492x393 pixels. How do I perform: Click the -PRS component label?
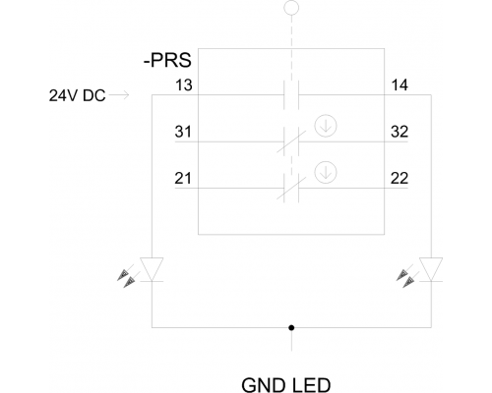coord(167,60)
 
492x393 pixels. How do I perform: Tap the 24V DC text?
coord(77,95)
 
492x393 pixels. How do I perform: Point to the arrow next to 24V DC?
coord(119,95)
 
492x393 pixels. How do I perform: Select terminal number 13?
coord(184,85)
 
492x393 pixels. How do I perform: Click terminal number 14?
coord(400,85)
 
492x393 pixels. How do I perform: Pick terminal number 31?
coord(183,132)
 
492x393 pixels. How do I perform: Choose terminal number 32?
coord(400,132)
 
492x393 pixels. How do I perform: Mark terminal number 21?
coord(183,179)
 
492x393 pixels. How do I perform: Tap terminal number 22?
coord(400,179)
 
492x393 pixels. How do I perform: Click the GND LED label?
coord(286,385)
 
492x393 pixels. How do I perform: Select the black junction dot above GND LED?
coord(291,327)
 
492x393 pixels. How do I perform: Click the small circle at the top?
coord(291,8)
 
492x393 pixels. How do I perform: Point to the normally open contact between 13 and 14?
coord(291,95)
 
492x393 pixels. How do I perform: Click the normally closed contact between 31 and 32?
coord(291,141)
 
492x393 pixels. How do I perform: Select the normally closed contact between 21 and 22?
coord(291,189)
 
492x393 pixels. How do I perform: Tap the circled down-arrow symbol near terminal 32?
coord(326,126)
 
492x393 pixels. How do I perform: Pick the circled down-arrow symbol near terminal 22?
coord(326,172)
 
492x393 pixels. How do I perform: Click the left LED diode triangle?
coord(152,269)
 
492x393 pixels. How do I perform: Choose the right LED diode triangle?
coord(431,269)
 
